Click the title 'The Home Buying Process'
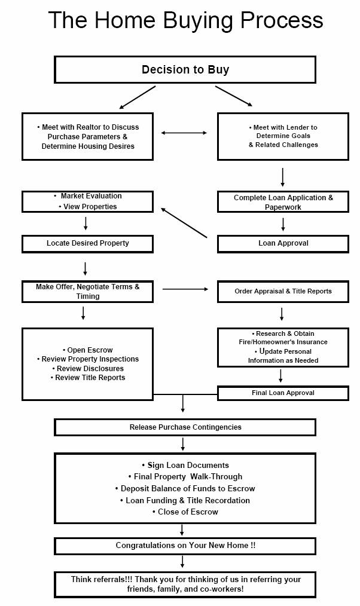pos(185,20)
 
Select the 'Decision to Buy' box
pos(185,69)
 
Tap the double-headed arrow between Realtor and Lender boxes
pos(184,133)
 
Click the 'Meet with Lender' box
pos(283,136)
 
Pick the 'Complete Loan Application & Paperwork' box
pos(283,202)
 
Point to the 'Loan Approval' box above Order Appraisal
pos(283,244)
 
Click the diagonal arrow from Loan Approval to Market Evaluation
pos(184,222)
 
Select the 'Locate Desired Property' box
pos(87,244)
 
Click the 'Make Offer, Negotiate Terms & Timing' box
pos(87,292)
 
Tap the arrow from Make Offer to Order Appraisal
pos(185,289)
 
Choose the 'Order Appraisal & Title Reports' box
pos(283,292)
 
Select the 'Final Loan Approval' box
pos(283,393)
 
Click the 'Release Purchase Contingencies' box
pos(185,427)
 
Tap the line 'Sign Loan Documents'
pos(185,466)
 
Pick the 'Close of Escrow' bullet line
pos(185,512)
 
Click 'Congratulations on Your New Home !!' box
pos(185,546)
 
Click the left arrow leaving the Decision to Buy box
pos(138,97)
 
